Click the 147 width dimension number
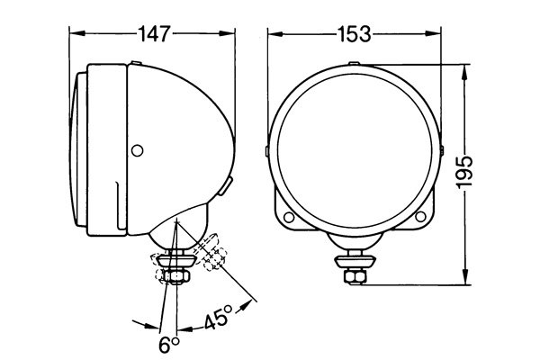(x=153, y=33)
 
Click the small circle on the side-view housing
(x=137, y=148)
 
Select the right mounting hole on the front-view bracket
(x=420, y=217)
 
